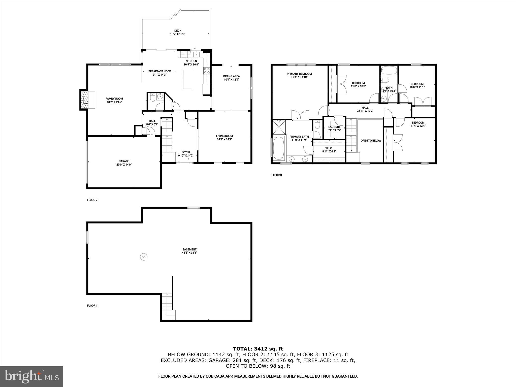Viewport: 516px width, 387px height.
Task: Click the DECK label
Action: point(178,31)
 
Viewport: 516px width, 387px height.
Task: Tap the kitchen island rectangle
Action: point(187,79)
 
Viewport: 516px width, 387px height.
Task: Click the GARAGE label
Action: point(124,161)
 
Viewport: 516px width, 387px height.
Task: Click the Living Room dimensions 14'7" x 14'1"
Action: point(224,139)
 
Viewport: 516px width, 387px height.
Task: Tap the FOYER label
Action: point(186,152)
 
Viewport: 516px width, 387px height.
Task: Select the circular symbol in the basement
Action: point(144,257)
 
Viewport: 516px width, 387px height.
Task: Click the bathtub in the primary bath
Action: point(278,148)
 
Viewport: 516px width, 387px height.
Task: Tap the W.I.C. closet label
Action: point(329,148)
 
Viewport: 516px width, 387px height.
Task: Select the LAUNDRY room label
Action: point(334,127)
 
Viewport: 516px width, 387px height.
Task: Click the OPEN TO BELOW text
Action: point(371,141)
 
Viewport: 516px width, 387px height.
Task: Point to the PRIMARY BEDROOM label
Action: point(299,74)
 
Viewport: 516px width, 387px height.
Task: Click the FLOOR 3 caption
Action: point(276,175)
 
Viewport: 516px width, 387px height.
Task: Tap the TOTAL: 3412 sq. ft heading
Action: point(258,349)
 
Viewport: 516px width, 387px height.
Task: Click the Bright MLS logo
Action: point(31,376)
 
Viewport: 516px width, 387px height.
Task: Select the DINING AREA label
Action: point(231,76)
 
